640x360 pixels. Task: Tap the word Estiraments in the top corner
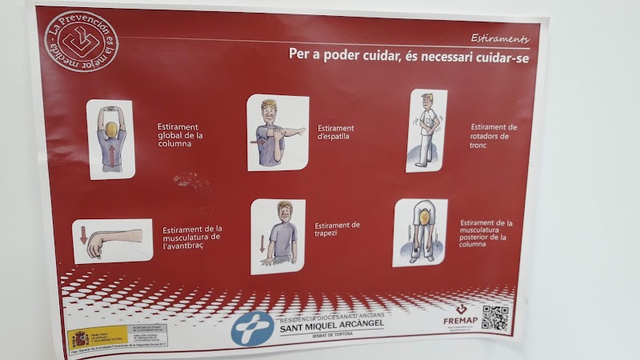point(499,38)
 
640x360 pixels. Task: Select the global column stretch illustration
point(110,138)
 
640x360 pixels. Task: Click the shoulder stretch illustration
point(277,133)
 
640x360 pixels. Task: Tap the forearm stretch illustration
point(112,241)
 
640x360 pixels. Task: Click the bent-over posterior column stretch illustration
point(419,232)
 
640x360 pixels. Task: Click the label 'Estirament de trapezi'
point(337,230)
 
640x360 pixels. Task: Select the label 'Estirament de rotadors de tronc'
point(494,136)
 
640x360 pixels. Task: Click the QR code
point(494,318)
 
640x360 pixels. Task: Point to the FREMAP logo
point(461,317)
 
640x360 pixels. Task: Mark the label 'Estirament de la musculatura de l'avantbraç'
point(192,237)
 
